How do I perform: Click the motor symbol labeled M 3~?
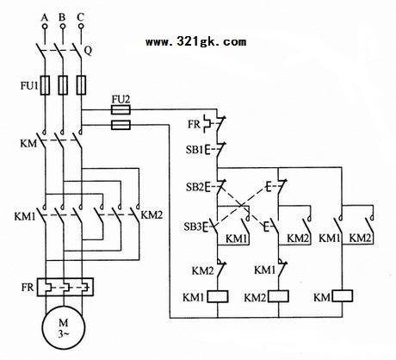(x=64, y=328)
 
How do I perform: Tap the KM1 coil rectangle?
(x=218, y=296)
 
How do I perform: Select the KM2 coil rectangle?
(x=278, y=296)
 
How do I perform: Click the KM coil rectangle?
(x=342, y=296)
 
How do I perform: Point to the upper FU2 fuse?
(x=121, y=109)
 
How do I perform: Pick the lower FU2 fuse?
(x=121, y=125)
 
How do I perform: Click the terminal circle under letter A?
(x=45, y=27)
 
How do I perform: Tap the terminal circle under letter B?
(x=63, y=27)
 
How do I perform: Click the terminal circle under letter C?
(x=81, y=27)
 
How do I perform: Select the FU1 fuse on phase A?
(x=45, y=85)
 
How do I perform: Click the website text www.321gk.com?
(x=195, y=42)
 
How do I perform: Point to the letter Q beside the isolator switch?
(x=88, y=51)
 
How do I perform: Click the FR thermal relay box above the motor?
(x=65, y=287)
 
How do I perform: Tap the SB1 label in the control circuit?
(x=195, y=150)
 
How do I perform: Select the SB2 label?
(x=195, y=187)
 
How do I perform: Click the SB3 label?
(x=193, y=227)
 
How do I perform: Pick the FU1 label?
(x=29, y=85)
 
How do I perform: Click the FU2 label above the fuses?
(x=121, y=99)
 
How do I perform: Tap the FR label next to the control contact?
(x=194, y=124)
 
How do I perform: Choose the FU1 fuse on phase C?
(x=81, y=85)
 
